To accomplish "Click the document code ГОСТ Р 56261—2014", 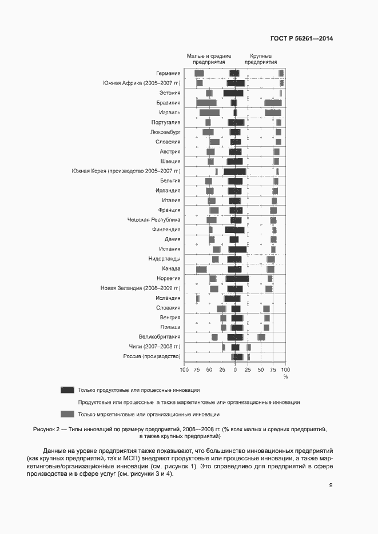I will (301, 38).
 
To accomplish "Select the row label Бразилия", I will (168, 103).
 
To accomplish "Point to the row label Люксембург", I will (165, 132).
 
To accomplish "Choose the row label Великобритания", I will (160, 337).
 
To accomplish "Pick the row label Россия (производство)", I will (152, 356).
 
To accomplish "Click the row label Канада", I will (172, 268).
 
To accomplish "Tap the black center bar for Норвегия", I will (237, 279).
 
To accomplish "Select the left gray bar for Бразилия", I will (206, 103).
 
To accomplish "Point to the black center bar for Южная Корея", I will (235, 171).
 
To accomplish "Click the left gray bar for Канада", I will (201, 269).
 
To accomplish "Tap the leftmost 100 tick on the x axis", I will (184, 370).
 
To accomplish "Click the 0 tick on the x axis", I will (235, 370).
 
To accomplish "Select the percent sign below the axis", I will (285, 376).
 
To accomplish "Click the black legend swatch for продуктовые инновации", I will (67, 390).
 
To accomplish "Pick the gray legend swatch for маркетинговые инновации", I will (67, 415).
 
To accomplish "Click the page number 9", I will (331, 486).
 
